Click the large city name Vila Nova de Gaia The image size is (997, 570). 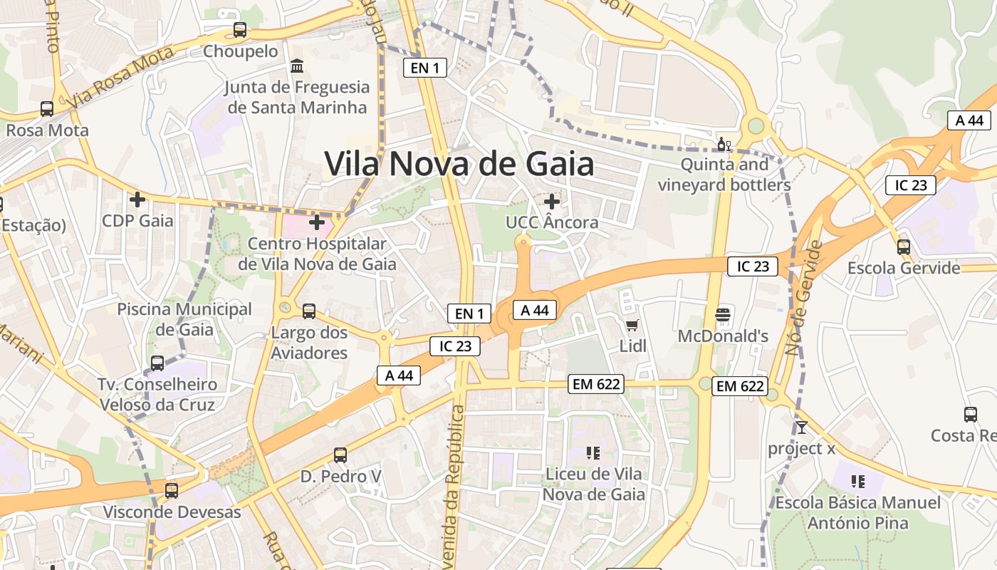tap(459, 164)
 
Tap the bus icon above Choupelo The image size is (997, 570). tap(240, 30)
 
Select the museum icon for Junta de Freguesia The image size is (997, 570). tap(297, 66)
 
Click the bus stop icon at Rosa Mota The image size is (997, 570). tap(47, 109)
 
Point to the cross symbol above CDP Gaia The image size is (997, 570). tap(137, 199)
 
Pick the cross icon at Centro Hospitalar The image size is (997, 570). tap(317, 223)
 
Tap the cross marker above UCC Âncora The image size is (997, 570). tap(551, 202)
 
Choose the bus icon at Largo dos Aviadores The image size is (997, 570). tap(309, 311)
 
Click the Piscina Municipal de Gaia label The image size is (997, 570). tap(184, 319)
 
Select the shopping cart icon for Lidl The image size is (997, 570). tap(632, 326)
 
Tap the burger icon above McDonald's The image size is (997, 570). tap(723, 315)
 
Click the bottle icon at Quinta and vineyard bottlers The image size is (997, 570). tap(724, 145)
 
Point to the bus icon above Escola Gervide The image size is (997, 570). tap(904, 247)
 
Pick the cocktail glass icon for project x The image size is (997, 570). tap(802, 427)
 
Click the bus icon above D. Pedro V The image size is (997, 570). tap(340, 455)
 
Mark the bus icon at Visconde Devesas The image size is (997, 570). tap(172, 491)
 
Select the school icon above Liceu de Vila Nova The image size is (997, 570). tap(593, 452)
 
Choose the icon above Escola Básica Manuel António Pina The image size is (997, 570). tap(857, 482)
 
